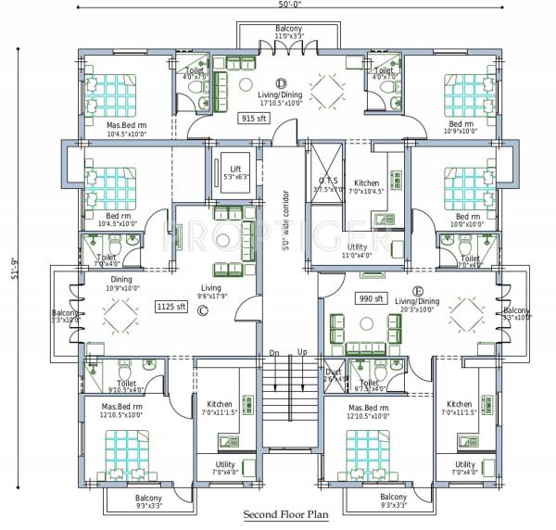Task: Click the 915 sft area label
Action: [253, 119]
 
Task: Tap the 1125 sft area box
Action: [171, 306]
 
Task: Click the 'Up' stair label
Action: [302, 353]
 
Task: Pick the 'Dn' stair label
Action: [274, 353]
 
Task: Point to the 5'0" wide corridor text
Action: [286, 228]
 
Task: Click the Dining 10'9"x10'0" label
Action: [123, 284]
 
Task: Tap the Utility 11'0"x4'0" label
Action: [357, 249]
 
